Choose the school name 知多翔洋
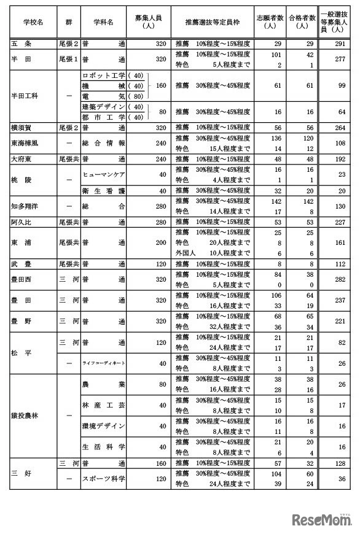(26, 205)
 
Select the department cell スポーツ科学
(103, 478)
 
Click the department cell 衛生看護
(103, 190)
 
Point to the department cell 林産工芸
(103, 405)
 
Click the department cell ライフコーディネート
(103, 363)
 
